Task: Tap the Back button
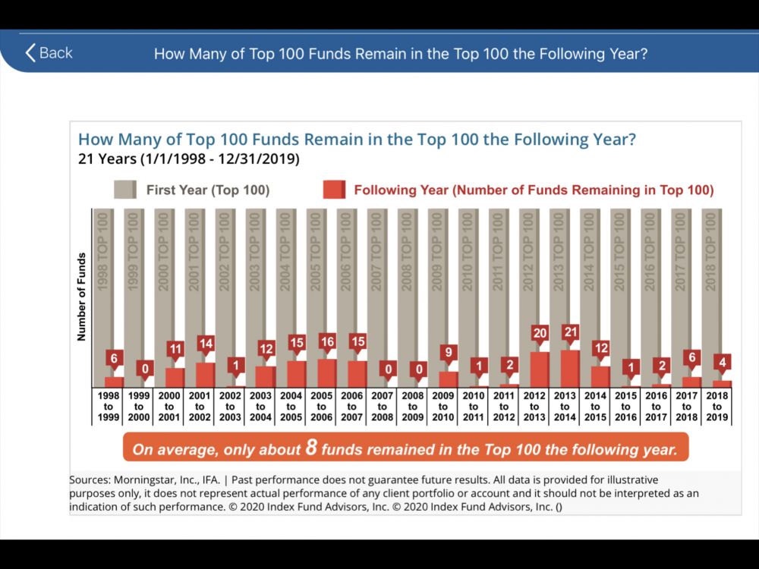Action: pos(49,53)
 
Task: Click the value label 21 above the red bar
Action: pos(570,332)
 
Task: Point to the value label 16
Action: pos(327,341)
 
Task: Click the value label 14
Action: pos(206,344)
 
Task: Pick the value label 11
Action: pos(175,350)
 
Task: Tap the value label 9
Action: pos(449,353)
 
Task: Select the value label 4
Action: pos(722,363)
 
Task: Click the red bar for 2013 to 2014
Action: pos(570,369)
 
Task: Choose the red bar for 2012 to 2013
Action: pos(540,369)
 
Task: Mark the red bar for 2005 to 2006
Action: pos(327,373)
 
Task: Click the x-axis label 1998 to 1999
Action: pos(109,407)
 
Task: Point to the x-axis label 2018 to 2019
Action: pos(716,407)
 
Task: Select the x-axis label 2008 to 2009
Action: pos(412,407)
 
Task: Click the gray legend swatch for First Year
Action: pos(125,190)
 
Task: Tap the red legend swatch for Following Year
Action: pos(334,190)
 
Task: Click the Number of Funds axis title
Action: pos(82,296)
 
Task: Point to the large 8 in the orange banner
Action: pos(310,448)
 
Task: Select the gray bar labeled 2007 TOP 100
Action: pos(377,296)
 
